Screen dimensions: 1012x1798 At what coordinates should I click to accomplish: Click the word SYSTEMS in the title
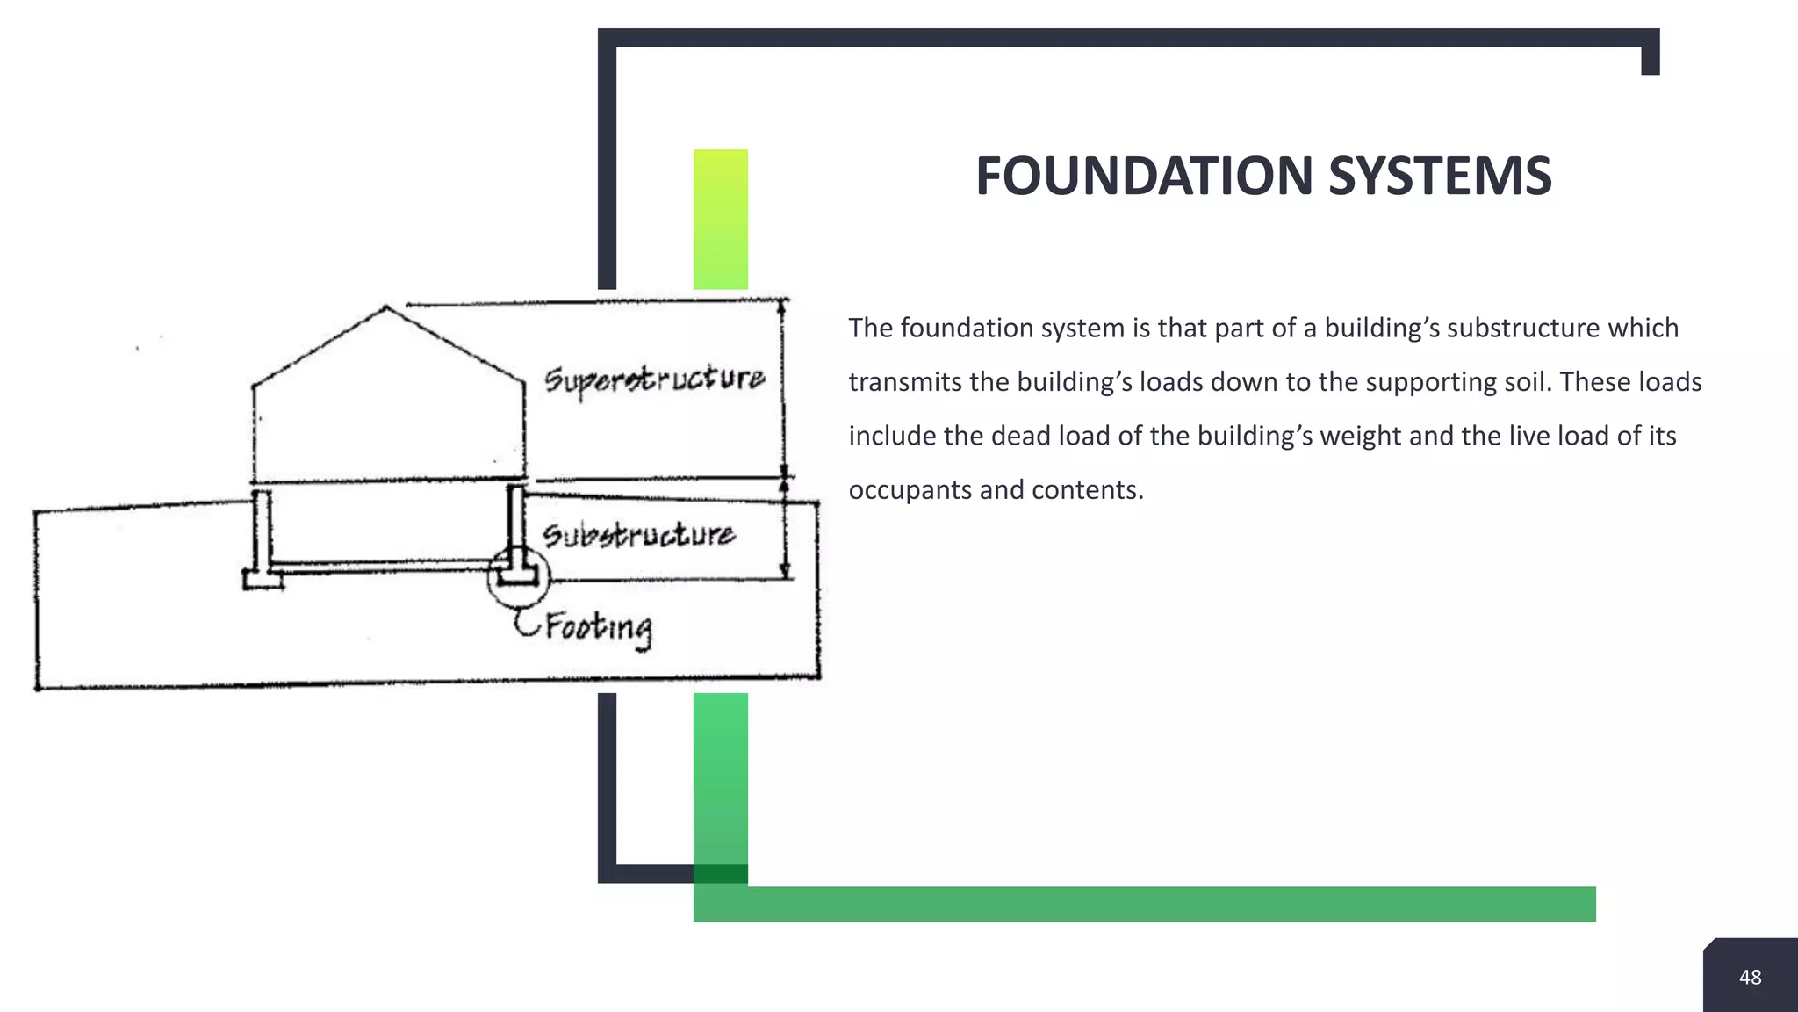pyautogui.click(x=1440, y=176)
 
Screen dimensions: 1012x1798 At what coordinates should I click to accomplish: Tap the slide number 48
pyautogui.click(x=1750, y=977)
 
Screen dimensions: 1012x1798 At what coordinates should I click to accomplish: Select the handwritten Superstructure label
pyautogui.click(x=654, y=379)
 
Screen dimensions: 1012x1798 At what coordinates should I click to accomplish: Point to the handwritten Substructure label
pyautogui.click(x=638, y=535)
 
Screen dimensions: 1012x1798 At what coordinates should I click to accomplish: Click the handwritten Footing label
pyautogui.click(x=599, y=627)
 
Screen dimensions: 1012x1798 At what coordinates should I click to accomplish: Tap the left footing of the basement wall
pyautogui.click(x=263, y=580)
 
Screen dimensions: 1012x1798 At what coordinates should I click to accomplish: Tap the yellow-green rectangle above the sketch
pyautogui.click(x=720, y=219)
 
